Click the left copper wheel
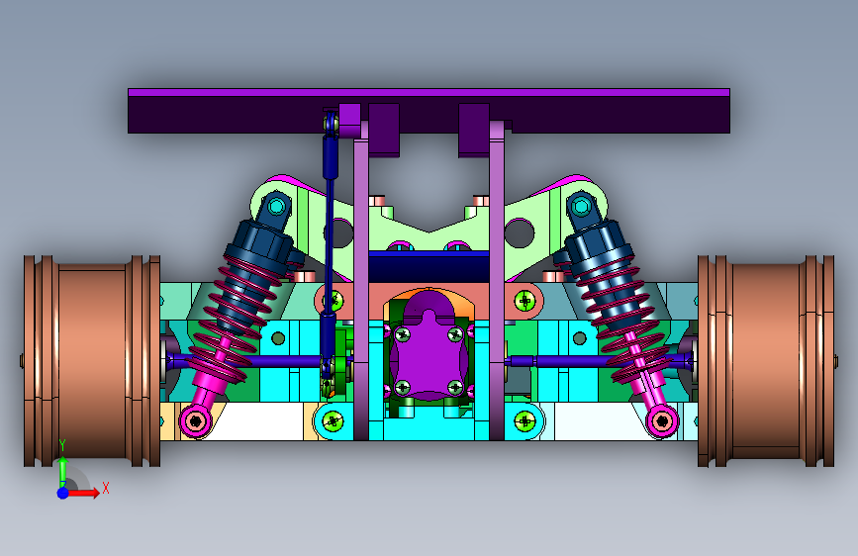[x=92, y=361]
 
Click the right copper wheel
[x=766, y=361]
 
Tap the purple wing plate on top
[x=429, y=111]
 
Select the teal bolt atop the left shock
[x=277, y=207]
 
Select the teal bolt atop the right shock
[x=581, y=207]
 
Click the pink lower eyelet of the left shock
[x=195, y=420]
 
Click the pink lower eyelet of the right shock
[x=662, y=420]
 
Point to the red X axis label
[x=106, y=488]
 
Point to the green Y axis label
[x=62, y=445]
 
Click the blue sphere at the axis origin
[x=63, y=493]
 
